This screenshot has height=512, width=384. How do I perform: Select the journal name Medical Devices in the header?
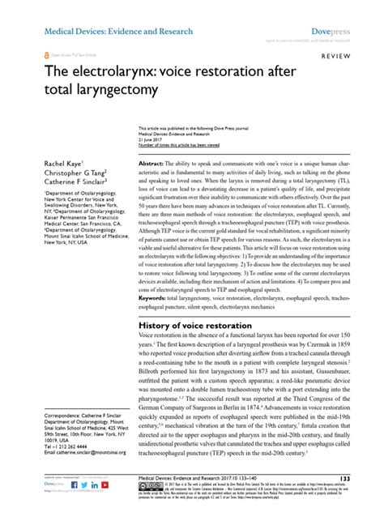64,10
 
